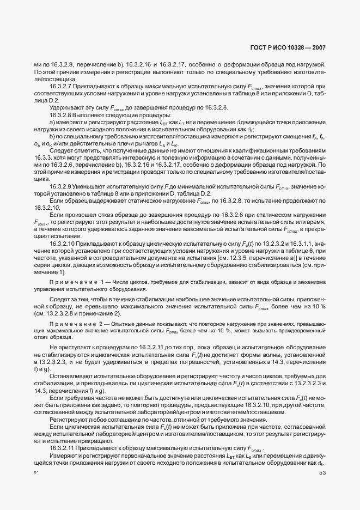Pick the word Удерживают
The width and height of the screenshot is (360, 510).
pyautogui.click(x=66, y=107)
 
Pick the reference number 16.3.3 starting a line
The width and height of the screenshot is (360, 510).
pyautogui.click(x=43, y=157)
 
